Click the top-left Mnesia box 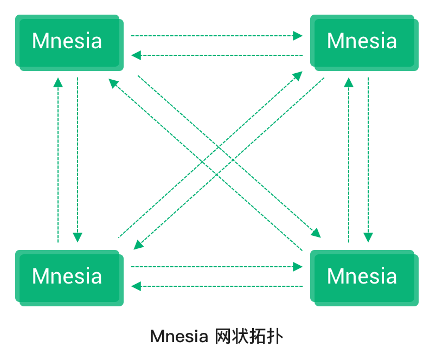tap(68, 41)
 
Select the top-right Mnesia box tap(363, 41)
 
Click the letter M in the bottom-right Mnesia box tap(337, 277)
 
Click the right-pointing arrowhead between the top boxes tap(298, 36)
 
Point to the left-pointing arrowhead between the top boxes tap(136, 55)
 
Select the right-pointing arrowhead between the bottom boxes tap(298, 266)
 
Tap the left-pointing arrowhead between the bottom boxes tap(136, 286)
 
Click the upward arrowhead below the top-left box tap(58, 82)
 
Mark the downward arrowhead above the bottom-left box tap(78, 237)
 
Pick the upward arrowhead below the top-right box tap(349, 82)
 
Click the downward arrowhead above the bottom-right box tap(368, 237)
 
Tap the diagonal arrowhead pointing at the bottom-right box tap(316, 233)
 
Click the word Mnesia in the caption tap(178, 337)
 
